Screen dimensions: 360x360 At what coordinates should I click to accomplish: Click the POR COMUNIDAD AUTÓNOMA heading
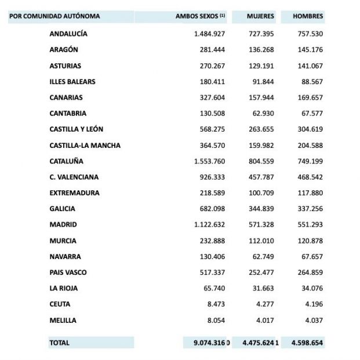[x=54, y=16]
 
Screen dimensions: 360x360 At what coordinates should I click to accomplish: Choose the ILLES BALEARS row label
[x=72, y=82]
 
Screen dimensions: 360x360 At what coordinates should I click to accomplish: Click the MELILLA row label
[x=63, y=320]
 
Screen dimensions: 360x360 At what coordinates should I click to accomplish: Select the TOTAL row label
[x=60, y=343]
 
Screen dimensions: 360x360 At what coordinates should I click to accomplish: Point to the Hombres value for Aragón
[x=309, y=50]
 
